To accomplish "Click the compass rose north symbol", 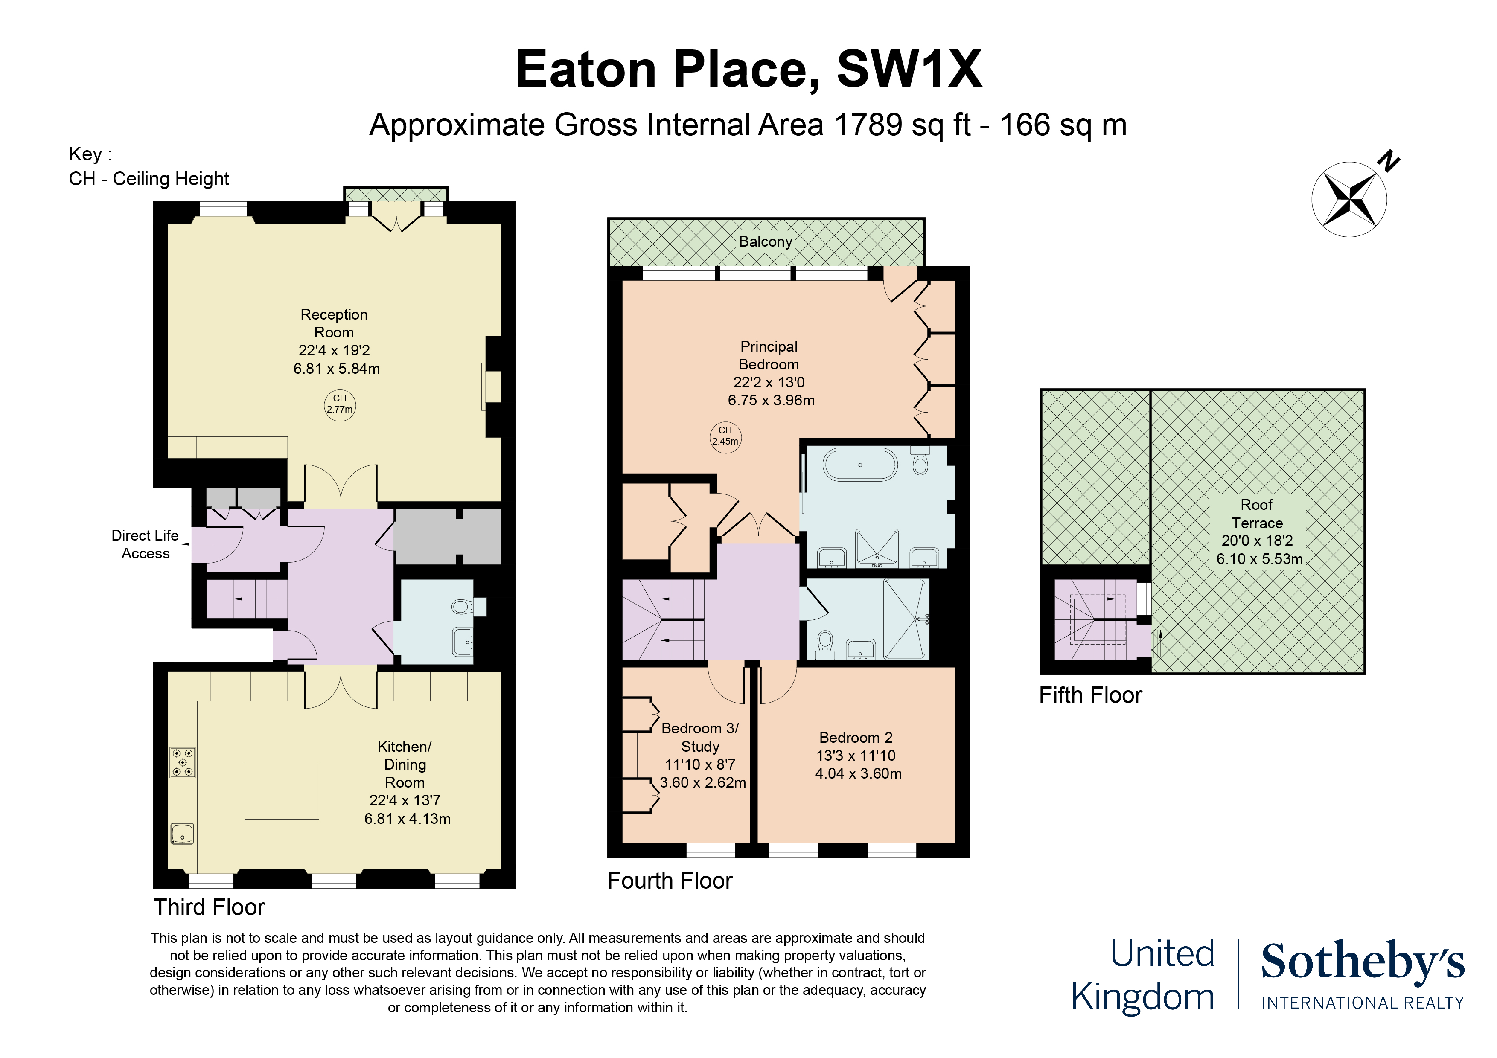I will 1349,198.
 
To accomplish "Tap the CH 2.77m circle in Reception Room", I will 340,404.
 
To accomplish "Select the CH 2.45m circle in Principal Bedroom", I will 725,436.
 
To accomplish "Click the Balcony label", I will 766,242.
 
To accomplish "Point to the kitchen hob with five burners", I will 183,762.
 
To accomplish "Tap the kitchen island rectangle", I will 282,791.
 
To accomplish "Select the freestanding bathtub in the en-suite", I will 860,465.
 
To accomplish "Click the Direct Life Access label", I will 145,544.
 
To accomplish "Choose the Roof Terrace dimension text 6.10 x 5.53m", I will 1259,559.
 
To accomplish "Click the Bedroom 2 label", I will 856,737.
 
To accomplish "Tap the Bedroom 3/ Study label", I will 699,737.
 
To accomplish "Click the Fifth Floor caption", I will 1090,695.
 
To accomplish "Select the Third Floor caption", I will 209,907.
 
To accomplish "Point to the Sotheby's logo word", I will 1363,962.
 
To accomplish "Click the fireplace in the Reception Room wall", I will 492,387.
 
